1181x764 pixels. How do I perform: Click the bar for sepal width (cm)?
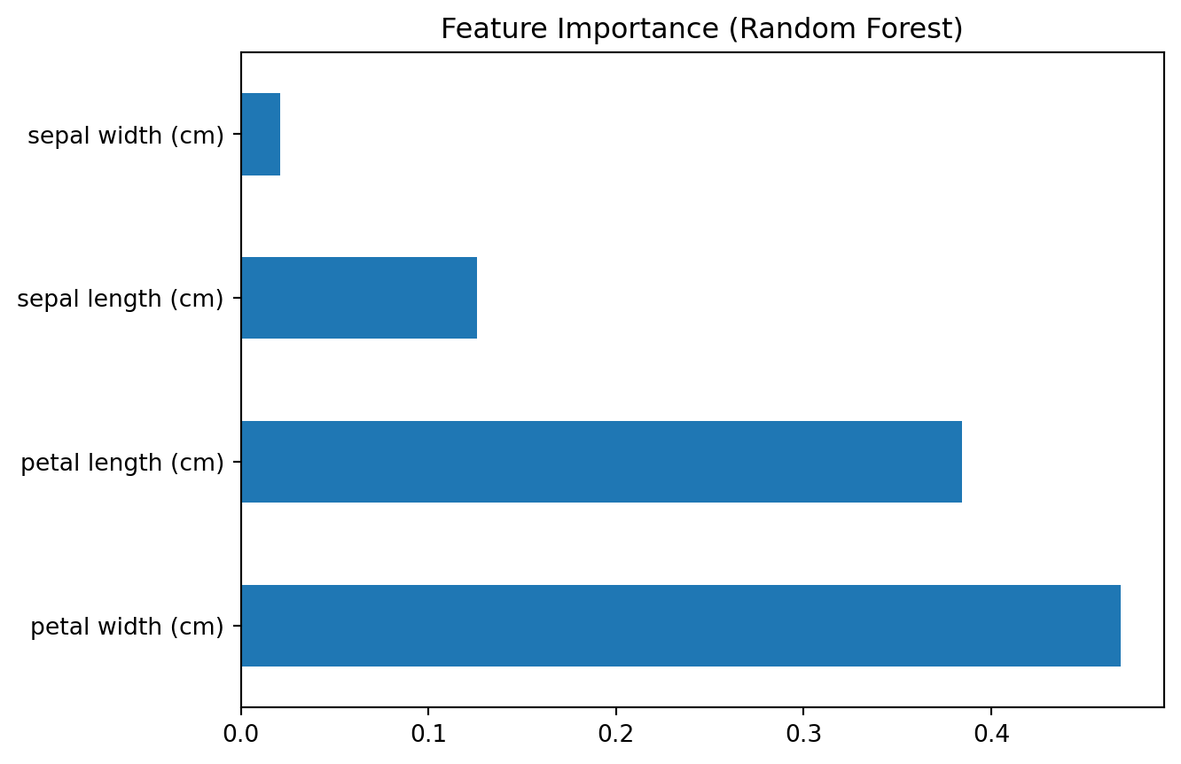tap(261, 135)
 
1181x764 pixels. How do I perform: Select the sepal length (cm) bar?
tap(359, 298)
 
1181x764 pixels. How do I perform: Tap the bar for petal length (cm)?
tap(601, 462)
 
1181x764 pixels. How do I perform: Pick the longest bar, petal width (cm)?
tap(681, 626)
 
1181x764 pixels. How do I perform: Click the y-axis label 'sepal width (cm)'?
tap(126, 136)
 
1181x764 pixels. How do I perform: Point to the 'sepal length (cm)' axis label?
tap(121, 300)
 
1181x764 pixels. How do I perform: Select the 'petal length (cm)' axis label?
tap(122, 464)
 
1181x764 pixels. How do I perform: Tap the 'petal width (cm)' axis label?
tap(127, 627)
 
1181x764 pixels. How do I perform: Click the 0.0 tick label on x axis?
tap(241, 735)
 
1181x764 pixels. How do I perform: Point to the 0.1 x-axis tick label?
tap(428, 735)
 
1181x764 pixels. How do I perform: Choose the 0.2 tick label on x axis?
tap(616, 735)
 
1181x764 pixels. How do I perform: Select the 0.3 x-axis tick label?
tap(803, 735)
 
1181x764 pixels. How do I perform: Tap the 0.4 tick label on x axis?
tap(991, 735)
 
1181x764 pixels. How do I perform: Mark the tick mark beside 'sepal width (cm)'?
tap(237, 135)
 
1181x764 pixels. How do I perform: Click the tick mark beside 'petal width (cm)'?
tap(237, 626)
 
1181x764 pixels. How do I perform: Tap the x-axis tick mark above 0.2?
tap(616, 712)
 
